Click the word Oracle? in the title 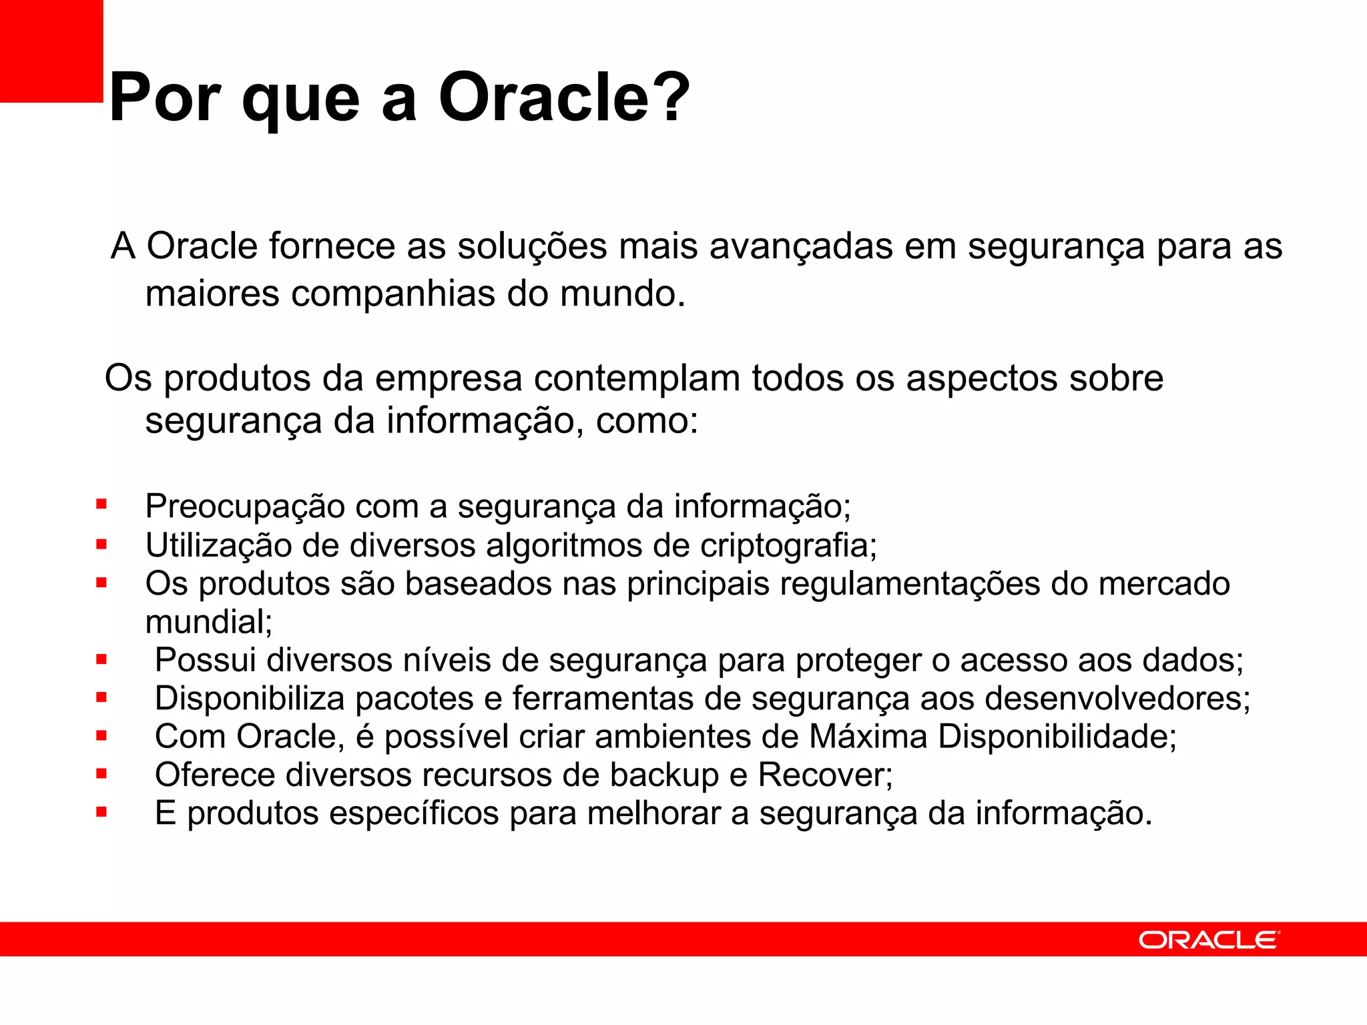click(564, 98)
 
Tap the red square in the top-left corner click(51, 51)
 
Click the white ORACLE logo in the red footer click(1209, 940)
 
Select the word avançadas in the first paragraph click(800, 246)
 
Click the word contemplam click(637, 378)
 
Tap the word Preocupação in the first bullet click(244, 506)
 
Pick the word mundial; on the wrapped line click(209, 623)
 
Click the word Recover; click(825, 775)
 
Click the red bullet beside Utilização click(101, 545)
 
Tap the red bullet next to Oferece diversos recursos click(101, 774)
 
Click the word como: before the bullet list click(646, 421)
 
